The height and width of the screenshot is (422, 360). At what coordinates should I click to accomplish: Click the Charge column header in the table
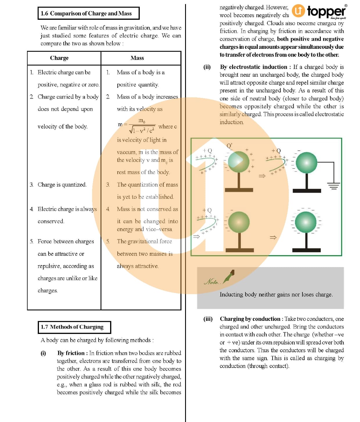(x=59, y=58)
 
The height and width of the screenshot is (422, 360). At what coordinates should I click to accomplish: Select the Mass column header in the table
(x=137, y=58)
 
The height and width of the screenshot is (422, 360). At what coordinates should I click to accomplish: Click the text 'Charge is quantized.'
(x=62, y=185)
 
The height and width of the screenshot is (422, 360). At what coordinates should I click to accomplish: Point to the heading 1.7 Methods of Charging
(x=74, y=327)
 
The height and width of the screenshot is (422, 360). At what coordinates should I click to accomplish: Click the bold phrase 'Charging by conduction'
(x=250, y=319)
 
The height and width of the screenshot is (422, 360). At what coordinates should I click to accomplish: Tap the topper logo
(x=319, y=12)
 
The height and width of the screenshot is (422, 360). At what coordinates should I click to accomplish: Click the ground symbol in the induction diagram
(x=334, y=186)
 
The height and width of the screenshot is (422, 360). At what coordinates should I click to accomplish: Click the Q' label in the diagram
(x=229, y=145)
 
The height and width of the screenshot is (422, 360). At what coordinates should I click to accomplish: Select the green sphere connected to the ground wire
(x=306, y=162)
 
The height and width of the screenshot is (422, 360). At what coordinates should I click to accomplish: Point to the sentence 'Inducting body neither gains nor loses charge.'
(x=276, y=294)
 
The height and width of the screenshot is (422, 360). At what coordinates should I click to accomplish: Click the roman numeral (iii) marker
(x=208, y=319)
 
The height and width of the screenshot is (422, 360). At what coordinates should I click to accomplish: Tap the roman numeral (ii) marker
(x=207, y=67)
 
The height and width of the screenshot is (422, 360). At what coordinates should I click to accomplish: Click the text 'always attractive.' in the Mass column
(x=138, y=266)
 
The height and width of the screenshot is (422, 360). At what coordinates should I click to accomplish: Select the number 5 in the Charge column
(x=31, y=242)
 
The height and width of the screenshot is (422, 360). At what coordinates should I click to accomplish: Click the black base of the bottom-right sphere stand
(x=306, y=250)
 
